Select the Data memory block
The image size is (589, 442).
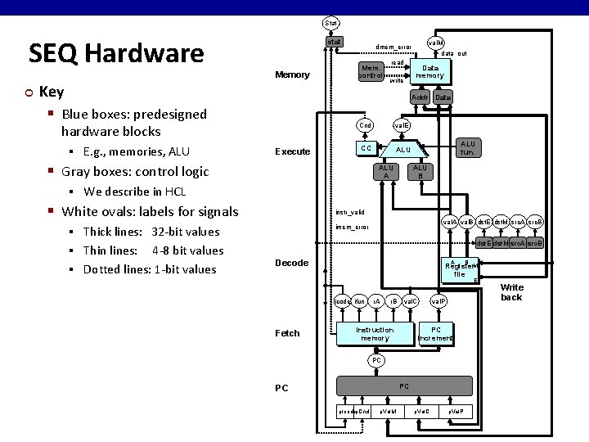429,71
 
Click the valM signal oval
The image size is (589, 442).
436,42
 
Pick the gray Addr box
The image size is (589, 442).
420,97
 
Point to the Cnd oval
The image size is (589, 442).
366,125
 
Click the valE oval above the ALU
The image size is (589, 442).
402,125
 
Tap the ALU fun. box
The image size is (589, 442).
467,147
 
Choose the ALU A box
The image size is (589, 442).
384,171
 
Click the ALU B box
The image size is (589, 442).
420,171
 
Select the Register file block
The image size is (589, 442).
460,269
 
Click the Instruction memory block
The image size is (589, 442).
375,333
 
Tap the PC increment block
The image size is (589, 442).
435,333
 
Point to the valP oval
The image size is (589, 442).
439,302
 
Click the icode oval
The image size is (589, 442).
343,302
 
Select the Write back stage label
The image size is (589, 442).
512,292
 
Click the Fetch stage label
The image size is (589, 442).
287,333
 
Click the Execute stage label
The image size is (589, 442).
292,151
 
